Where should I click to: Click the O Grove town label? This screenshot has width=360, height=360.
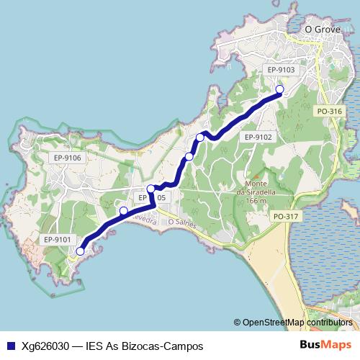coord(321,30)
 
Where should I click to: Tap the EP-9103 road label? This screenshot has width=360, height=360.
coord(280,70)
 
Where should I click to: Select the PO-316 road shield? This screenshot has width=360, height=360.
coord(329,111)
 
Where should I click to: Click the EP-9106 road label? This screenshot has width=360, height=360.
coord(67,158)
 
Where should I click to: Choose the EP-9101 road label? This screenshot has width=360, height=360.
coord(56,239)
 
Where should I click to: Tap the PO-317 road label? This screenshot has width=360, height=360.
coord(285,216)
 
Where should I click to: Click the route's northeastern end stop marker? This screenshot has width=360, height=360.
coord(280,90)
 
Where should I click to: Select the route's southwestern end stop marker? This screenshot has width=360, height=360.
coord(80,251)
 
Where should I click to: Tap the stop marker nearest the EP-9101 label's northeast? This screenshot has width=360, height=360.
coord(124,211)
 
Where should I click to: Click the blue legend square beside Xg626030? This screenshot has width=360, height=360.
coord(10,346)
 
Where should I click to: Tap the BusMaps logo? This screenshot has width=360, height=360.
coord(326,345)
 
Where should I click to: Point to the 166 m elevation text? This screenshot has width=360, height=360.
coord(256,201)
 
